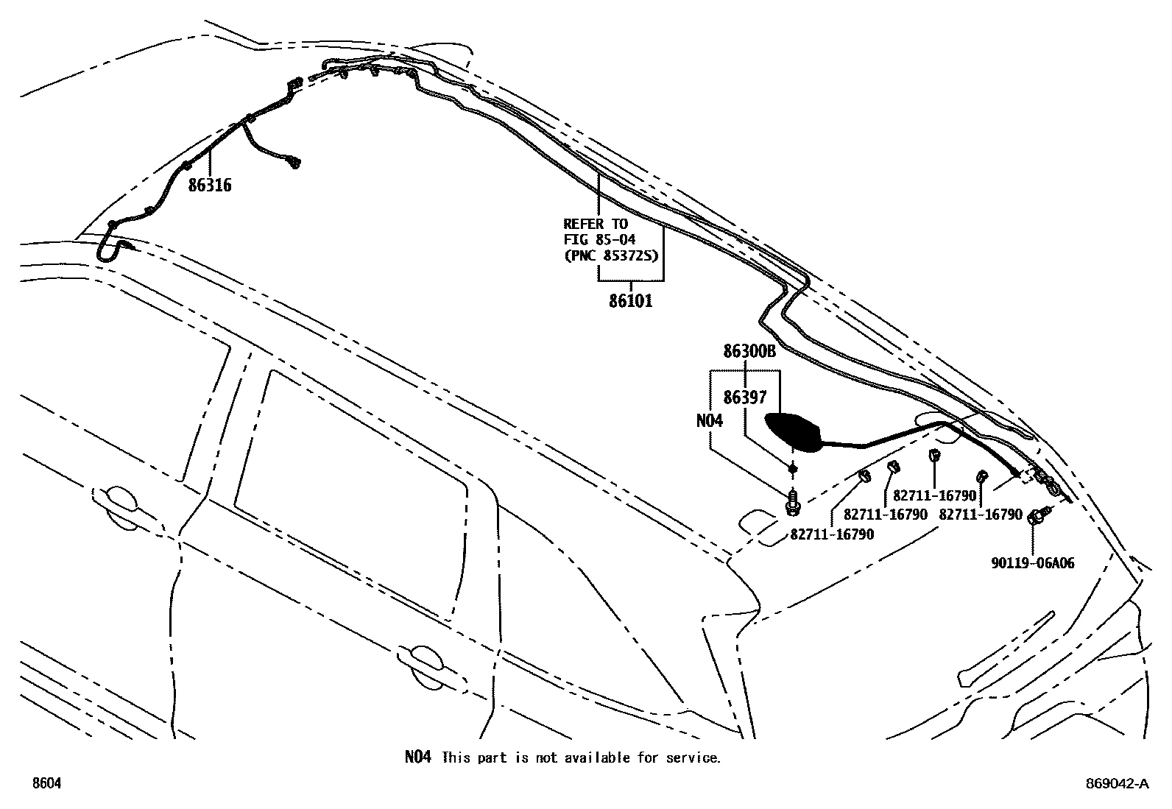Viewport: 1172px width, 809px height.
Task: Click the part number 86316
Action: click(x=209, y=186)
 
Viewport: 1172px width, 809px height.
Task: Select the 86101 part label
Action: click(x=630, y=301)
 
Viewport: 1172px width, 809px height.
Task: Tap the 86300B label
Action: click(x=749, y=352)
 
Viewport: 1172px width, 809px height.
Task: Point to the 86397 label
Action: click(x=745, y=398)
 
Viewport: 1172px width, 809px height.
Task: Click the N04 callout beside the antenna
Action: click(x=710, y=420)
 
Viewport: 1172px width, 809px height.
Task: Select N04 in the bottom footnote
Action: click(x=417, y=757)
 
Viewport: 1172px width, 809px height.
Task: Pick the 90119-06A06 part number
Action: click(x=1032, y=563)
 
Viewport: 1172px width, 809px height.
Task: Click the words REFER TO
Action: click(x=596, y=224)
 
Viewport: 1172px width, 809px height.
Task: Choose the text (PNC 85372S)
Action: click(x=610, y=256)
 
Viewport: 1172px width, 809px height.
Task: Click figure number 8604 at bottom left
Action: click(x=46, y=784)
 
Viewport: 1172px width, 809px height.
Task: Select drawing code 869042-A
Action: click(x=1116, y=784)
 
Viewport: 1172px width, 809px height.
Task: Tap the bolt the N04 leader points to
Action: click(x=792, y=503)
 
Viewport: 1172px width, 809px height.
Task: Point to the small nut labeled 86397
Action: click(x=793, y=468)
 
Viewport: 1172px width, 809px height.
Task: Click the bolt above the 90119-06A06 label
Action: click(x=1037, y=516)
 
